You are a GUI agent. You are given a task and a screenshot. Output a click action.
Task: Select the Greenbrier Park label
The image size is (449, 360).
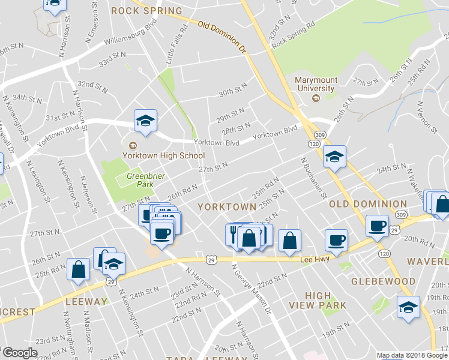140,181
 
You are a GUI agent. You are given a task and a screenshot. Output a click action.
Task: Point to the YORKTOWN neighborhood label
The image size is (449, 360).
227,206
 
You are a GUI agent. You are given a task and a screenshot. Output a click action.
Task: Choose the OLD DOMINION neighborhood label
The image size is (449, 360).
368,204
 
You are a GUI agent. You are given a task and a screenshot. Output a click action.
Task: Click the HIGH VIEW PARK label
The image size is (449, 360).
325,300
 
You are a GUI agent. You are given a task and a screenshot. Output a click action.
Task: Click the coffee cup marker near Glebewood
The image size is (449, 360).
377,227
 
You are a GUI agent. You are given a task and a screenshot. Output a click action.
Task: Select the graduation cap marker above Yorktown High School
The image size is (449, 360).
145,121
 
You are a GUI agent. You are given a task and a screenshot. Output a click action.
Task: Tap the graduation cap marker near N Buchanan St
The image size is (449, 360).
335,157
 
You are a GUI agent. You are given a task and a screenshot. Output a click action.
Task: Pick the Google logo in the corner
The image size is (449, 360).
19,353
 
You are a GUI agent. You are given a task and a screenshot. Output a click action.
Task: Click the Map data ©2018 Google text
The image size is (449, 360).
412,355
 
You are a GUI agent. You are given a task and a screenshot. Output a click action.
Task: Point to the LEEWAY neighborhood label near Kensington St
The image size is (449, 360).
88,301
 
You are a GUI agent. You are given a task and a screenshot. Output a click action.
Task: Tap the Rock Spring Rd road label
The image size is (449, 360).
294,37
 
